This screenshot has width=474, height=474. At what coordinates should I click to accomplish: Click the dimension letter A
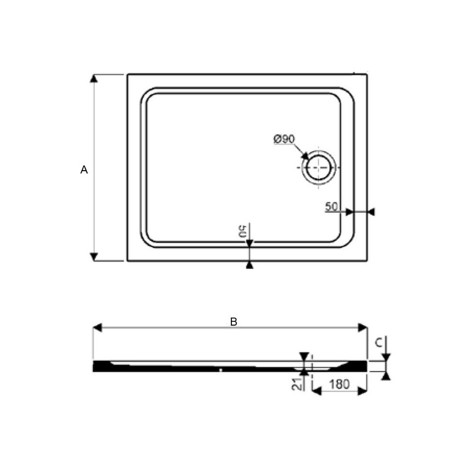(x=84, y=170)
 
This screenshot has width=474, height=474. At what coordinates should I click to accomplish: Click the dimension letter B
(x=234, y=322)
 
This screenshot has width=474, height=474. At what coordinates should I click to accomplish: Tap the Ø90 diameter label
(x=284, y=139)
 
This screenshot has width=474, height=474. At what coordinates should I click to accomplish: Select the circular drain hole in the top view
(x=318, y=166)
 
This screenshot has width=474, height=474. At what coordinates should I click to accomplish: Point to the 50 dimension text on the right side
(x=332, y=206)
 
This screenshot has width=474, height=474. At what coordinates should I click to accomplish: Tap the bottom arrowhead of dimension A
(x=94, y=257)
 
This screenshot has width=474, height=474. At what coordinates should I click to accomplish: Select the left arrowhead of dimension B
(x=97, y=328)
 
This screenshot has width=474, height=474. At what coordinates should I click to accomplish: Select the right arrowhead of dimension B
(x=363, y=328)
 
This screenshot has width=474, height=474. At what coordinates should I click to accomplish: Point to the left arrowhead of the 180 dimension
(x=315, y=391)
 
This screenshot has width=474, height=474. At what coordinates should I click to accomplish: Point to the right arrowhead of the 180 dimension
(x=362, y=391)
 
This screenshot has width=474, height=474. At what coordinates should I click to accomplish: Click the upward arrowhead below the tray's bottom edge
(x=249, y=265)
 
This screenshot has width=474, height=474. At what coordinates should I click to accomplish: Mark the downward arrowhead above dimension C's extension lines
(x=385, y=357)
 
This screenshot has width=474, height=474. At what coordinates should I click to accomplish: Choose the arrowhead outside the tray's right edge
(x=371, y=212)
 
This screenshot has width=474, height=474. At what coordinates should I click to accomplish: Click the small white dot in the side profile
(x=221, y=369)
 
